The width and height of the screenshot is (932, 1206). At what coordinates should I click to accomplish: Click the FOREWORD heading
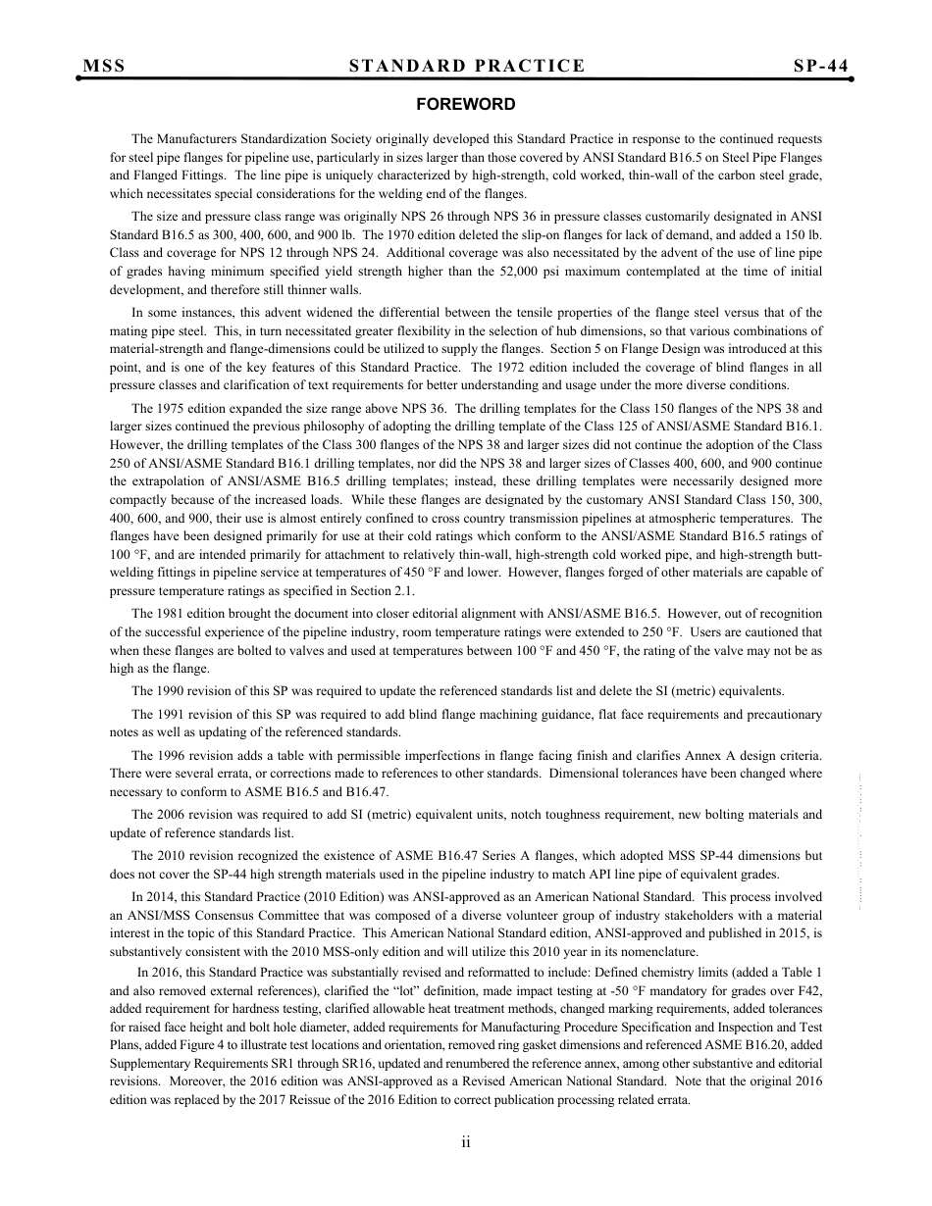(466, 104)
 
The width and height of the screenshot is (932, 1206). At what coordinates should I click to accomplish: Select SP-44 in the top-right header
(820, 66)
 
